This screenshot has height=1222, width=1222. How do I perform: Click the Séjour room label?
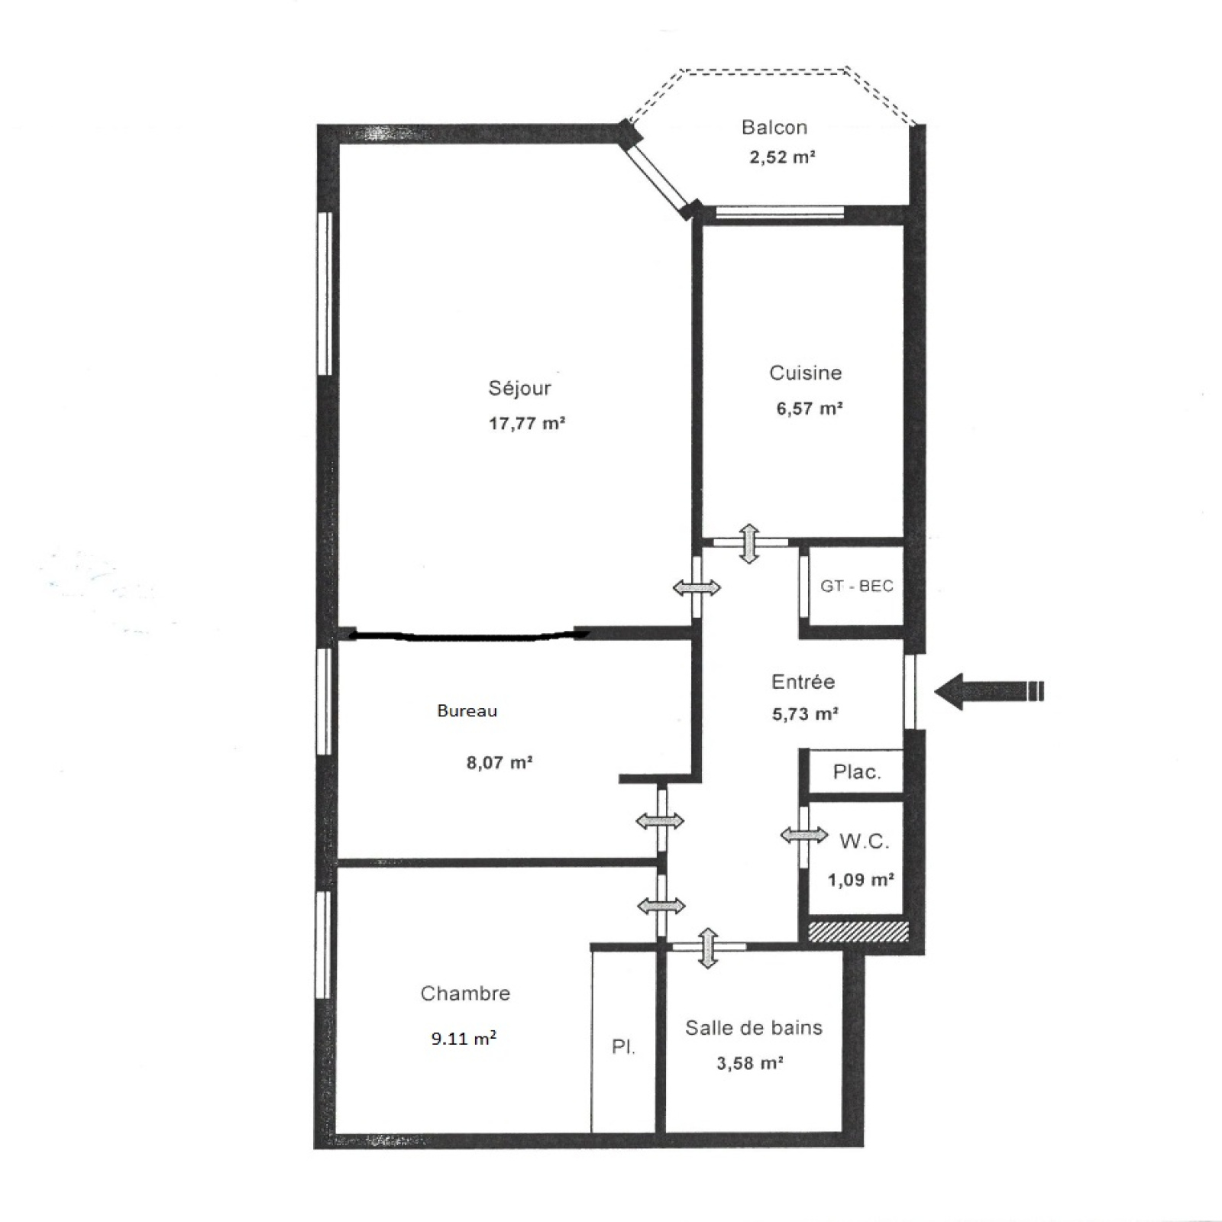coord(519,389)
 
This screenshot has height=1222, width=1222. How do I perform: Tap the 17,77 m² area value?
coord(527,423)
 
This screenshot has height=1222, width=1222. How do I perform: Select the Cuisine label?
coord(806,373)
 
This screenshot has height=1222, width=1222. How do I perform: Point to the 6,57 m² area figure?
coord(810,408)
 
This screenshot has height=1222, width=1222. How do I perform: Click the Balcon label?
coord(774,128)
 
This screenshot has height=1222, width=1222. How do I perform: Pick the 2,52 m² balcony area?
coord(782,157)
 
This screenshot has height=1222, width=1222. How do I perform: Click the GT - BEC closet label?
coord(857,587)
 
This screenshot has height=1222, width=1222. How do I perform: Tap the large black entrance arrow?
coord(989,692)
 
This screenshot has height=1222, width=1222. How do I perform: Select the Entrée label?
coord(803,681)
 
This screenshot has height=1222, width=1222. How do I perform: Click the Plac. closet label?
coord(857,772)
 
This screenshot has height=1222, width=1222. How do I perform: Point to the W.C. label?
coord(865,842)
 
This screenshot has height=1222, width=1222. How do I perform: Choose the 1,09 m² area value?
coord(862,880)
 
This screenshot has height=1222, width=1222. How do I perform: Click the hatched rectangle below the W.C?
coord(858,931)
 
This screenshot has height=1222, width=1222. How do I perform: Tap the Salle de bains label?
coord(754,1028)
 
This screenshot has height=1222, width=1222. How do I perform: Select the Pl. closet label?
coord(623,1047)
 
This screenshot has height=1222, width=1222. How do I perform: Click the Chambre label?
coord(465,994)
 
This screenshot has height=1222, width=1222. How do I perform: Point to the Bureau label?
coord(467,711)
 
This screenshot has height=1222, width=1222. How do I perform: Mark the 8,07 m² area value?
coord(499,762)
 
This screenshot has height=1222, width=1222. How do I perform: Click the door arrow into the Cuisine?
coord(749,544)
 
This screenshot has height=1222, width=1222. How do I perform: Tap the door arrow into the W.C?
coord(804,835)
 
